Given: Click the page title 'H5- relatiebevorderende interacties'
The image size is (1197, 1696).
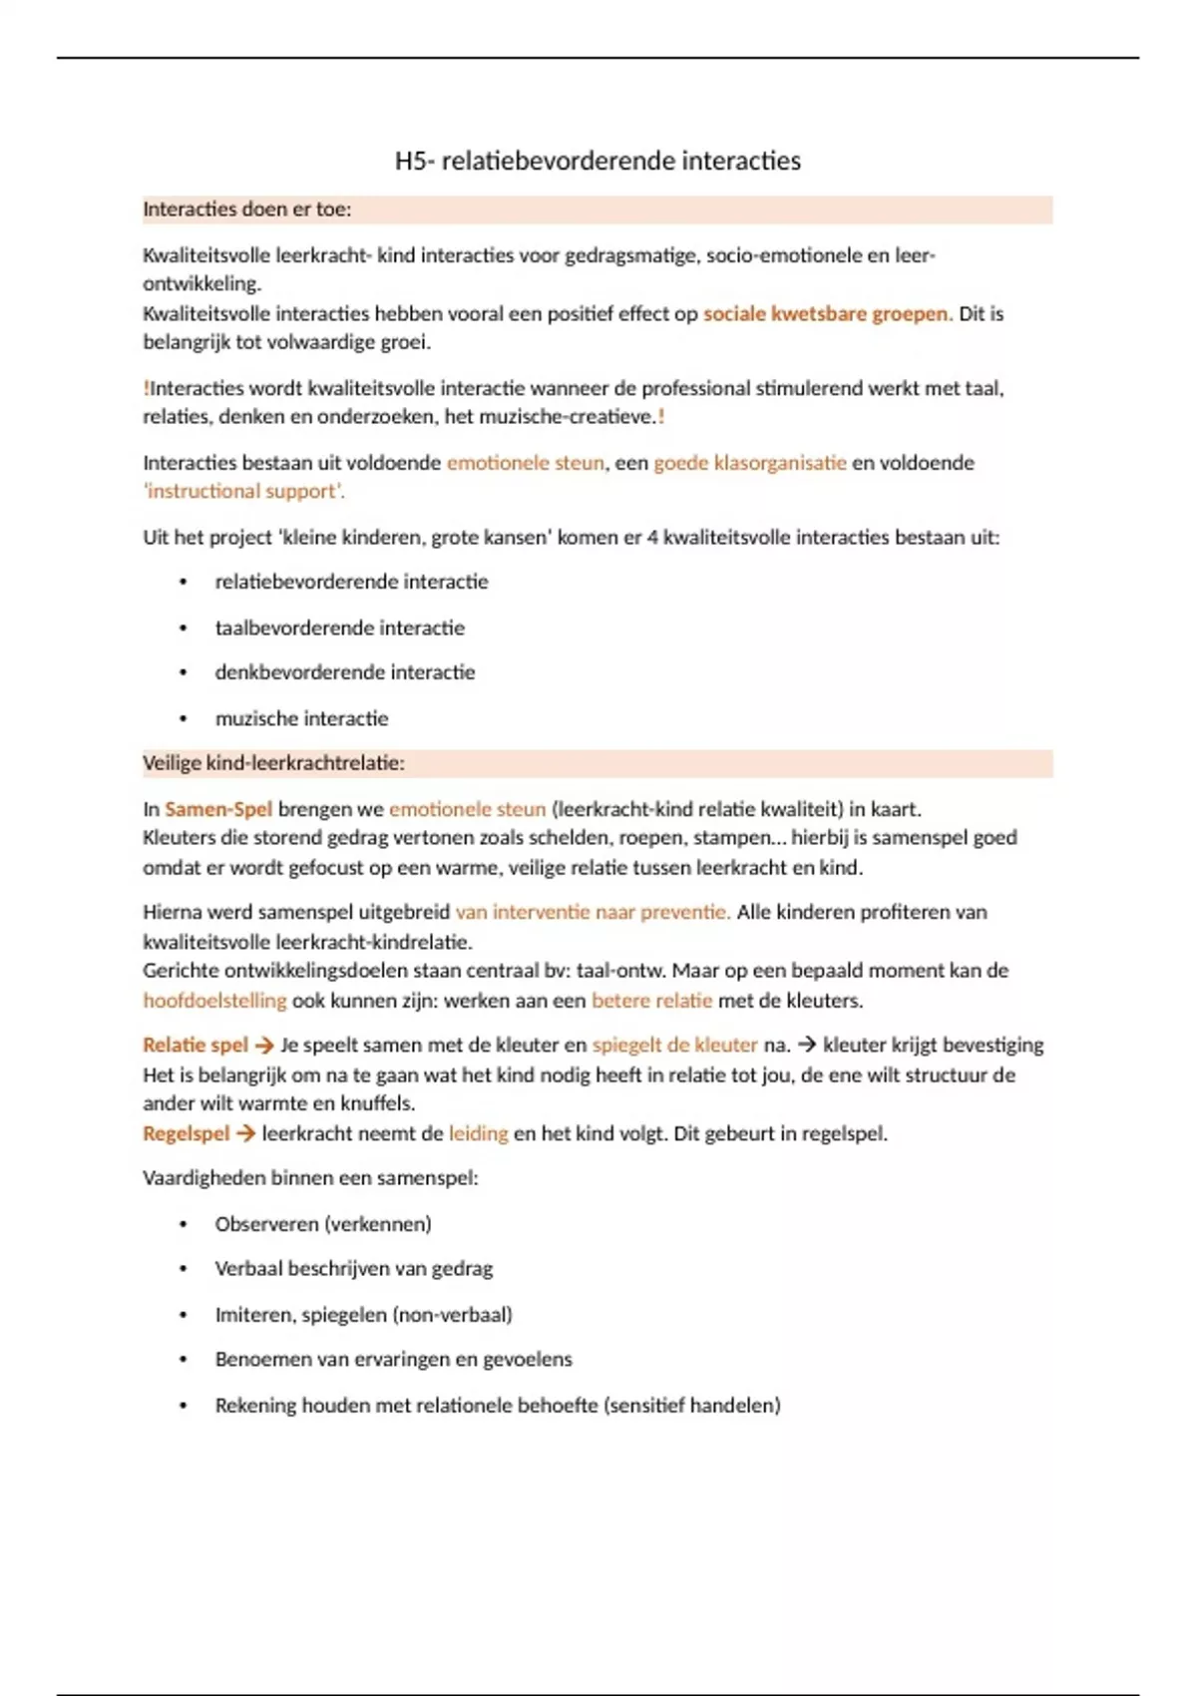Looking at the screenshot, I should (598, 161).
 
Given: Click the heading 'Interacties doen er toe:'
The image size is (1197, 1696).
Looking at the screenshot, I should (246, 210).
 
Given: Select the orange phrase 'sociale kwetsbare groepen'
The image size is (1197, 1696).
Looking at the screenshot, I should (826, 313).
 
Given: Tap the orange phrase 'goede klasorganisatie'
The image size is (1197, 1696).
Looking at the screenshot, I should (749, 463).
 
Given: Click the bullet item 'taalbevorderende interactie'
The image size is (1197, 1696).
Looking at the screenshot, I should (339, 628).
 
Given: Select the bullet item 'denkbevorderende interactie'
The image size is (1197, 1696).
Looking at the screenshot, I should (344, 672).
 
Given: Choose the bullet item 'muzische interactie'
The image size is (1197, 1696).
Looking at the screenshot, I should (301, 718).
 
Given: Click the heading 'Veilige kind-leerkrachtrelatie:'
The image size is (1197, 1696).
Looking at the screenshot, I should (273, 763).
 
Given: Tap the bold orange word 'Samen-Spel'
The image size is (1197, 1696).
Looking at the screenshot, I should (218, 809).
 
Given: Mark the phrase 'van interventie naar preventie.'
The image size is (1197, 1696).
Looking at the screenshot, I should (593, 912).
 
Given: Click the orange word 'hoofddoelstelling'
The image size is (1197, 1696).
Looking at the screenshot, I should (214, 1000).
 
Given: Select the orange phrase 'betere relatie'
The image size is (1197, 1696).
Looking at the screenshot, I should (651, 1000).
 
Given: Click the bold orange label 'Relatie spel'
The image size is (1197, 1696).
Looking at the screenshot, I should (196, 1045).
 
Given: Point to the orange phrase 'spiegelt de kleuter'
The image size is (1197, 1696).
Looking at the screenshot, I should (674, 1045).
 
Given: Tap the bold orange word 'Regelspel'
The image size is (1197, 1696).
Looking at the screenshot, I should (187, 1133).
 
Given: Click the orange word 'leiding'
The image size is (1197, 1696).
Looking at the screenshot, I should (478, 1133).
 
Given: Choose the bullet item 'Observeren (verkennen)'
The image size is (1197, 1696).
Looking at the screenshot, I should (323, 1224).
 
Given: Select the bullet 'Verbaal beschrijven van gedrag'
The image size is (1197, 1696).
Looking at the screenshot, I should (353, 1269).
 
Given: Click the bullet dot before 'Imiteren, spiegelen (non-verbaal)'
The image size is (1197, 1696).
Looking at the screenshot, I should (183, 1315).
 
